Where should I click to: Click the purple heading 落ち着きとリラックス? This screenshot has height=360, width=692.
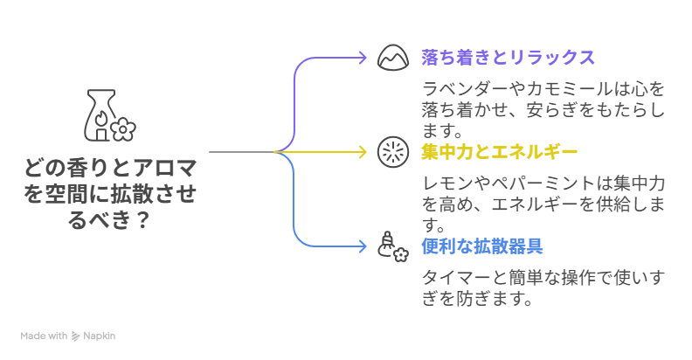507,58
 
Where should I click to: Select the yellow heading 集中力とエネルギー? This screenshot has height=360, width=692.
499,152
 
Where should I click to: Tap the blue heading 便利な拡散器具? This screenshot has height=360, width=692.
481,246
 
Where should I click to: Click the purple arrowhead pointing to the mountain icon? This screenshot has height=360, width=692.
363,58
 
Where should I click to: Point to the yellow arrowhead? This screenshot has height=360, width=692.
363,152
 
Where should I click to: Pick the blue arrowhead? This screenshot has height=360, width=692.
363,246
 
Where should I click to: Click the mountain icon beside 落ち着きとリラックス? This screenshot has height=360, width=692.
393,58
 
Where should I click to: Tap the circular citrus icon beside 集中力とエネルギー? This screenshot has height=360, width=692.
393,152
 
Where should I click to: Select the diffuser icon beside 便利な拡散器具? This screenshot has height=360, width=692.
393,246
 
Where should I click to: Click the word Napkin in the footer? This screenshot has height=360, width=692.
100,336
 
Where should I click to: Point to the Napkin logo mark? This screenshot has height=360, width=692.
76,336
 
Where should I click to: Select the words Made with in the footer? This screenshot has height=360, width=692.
44,336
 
